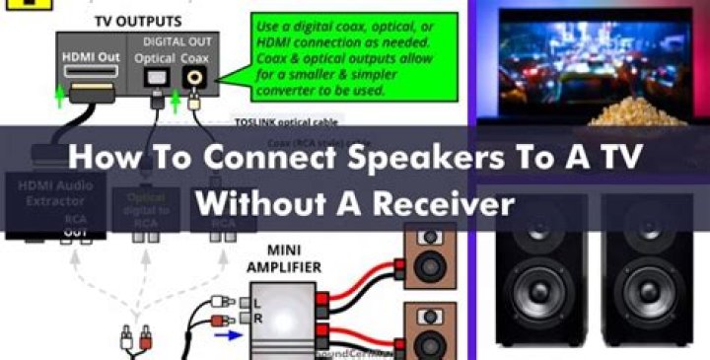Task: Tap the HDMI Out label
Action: point(91,57)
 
